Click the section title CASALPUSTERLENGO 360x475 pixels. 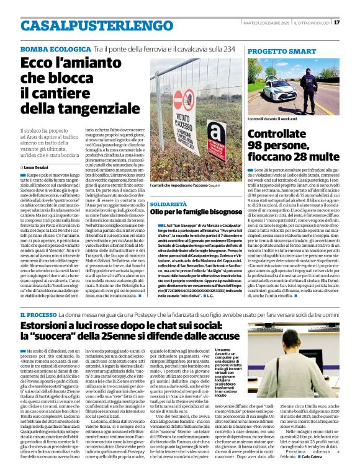coord(88,25)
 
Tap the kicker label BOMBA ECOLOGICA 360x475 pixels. coord(47,48)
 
